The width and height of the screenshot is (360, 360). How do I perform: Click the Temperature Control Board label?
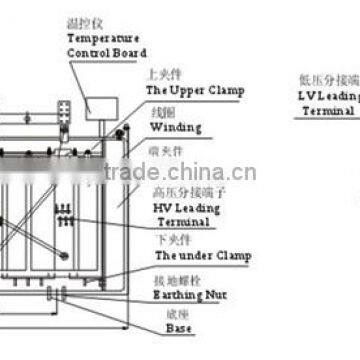[x=108, y=45]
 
